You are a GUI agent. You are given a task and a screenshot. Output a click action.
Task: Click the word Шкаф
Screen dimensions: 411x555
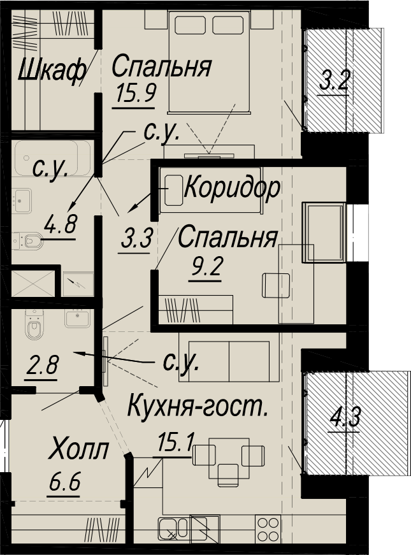(x=52, y=70)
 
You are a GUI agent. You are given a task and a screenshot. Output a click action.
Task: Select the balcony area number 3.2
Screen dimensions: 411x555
(x=334, y=81)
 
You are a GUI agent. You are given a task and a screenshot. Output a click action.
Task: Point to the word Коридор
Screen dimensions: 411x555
(x=232, y=189)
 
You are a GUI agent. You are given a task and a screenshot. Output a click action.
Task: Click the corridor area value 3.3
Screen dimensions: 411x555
(x=136, y=238)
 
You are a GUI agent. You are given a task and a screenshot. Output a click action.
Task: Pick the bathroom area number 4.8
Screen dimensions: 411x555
(x=60, y=224)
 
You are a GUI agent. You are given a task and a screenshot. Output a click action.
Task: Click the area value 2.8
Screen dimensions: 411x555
(x=42, y=365)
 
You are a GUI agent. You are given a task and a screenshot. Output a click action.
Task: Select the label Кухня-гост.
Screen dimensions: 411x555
(x=197, y=407)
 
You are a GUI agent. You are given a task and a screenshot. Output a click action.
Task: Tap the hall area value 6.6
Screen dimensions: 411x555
(x=64, y=483)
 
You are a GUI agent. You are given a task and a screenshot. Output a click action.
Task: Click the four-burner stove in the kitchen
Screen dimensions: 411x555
(x=268, y=528)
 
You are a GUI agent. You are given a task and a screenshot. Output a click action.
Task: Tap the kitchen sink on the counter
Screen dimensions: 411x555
(x=173, y=530)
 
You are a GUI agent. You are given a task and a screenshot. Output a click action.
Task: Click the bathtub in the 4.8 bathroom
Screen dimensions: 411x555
(x=52, y=158)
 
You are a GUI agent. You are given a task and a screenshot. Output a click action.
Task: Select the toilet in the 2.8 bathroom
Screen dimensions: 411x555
(x=34, y=324)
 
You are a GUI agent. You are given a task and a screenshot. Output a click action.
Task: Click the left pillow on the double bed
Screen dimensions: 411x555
(x=191, y=25)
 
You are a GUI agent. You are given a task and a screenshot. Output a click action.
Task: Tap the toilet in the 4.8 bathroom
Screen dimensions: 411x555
(x=27, y=241)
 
